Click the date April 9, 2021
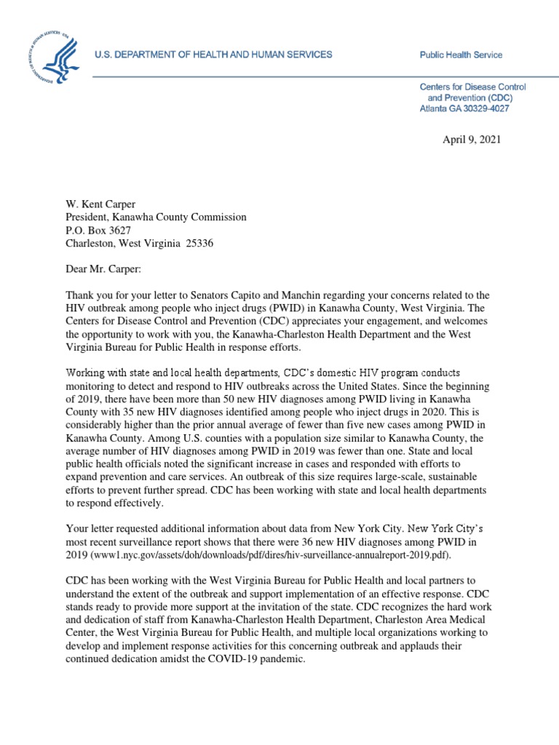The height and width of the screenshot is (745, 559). (471, 140)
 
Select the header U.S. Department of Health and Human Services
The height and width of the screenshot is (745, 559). (215, 55)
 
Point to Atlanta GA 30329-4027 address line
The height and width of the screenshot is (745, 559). (464, 108)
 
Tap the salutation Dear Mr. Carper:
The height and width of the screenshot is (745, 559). (103, 269)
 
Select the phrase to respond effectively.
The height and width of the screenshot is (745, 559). (116, 503)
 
